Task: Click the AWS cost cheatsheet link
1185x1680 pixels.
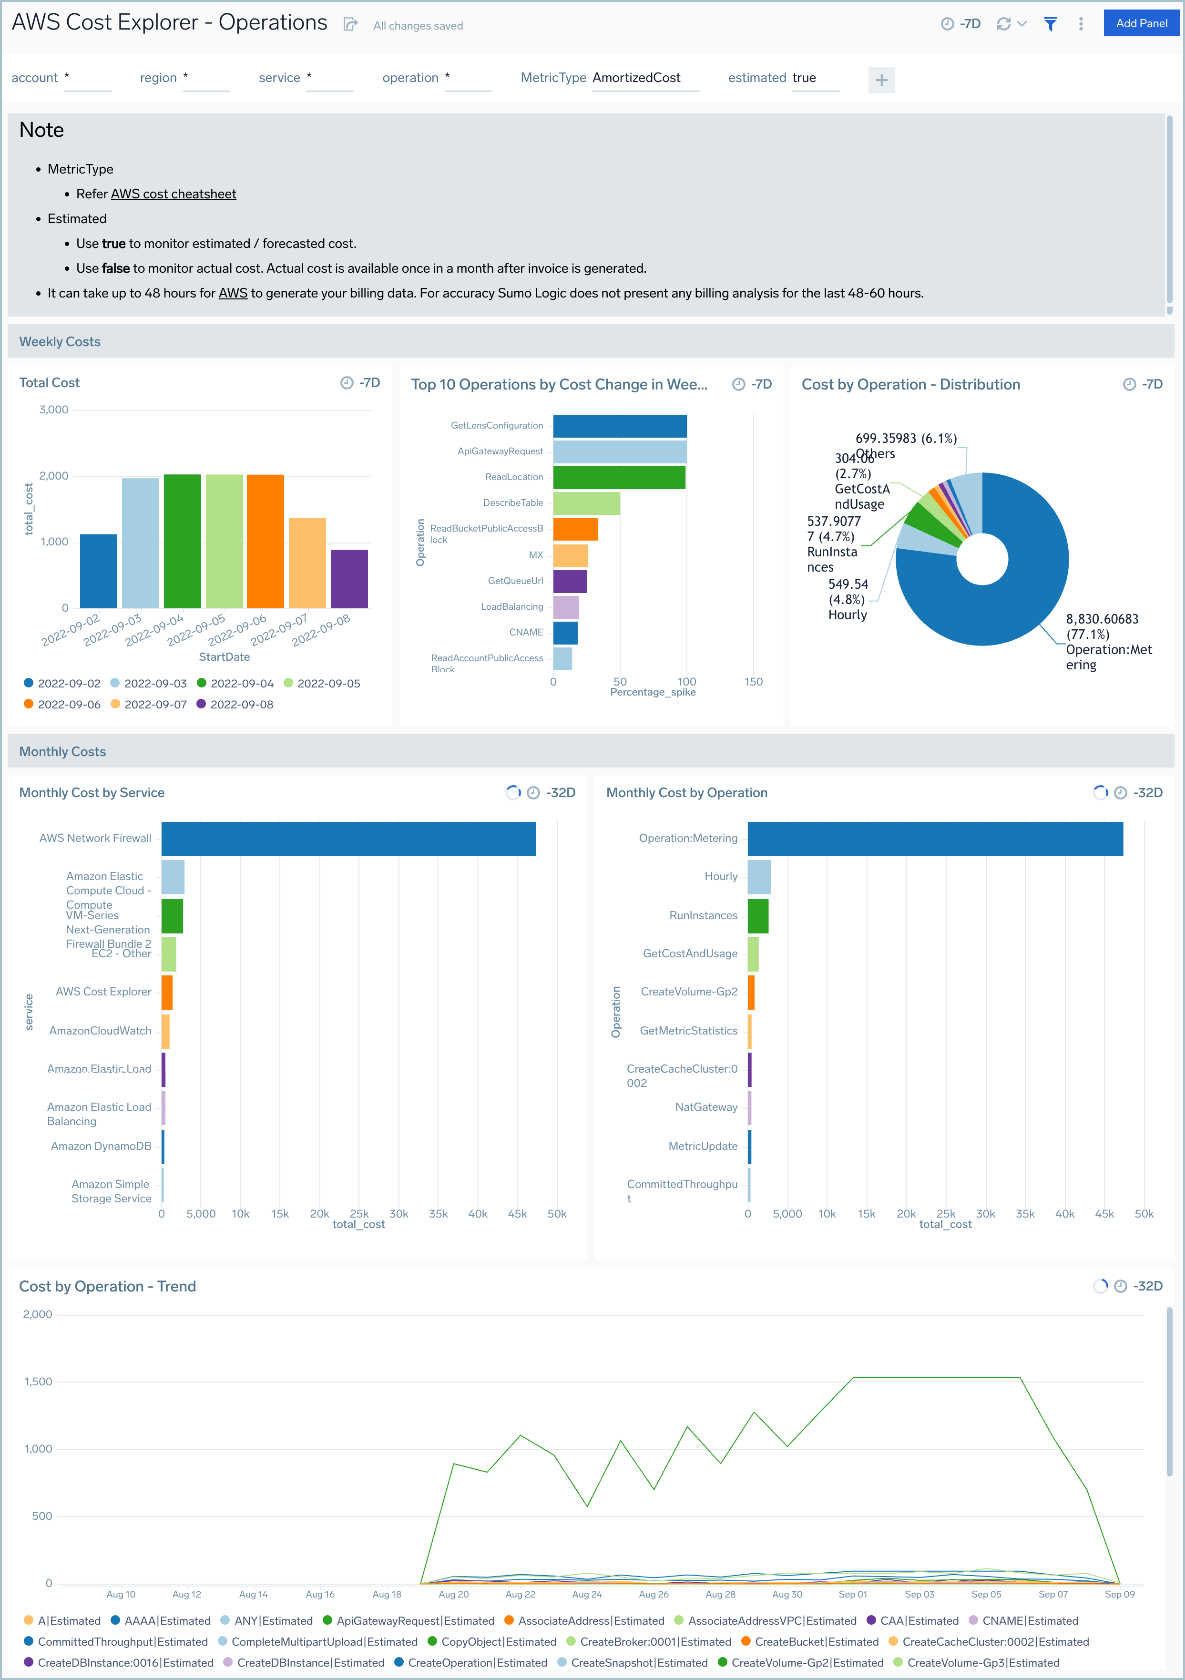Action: tap(174, 194)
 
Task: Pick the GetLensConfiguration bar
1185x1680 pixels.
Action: tap(620, 426)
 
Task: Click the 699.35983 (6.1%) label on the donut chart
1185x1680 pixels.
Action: tap(906, 438)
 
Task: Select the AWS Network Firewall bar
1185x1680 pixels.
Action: tap(348, 839)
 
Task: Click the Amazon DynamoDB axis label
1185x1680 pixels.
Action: tap(101, 1146)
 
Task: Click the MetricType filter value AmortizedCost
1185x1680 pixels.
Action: tap(636, 78)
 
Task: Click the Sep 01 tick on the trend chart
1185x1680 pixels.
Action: tap(852, 1594)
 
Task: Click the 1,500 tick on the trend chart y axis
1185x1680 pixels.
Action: tap(39, 1382)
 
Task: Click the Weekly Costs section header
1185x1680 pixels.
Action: tap(60, 342)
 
